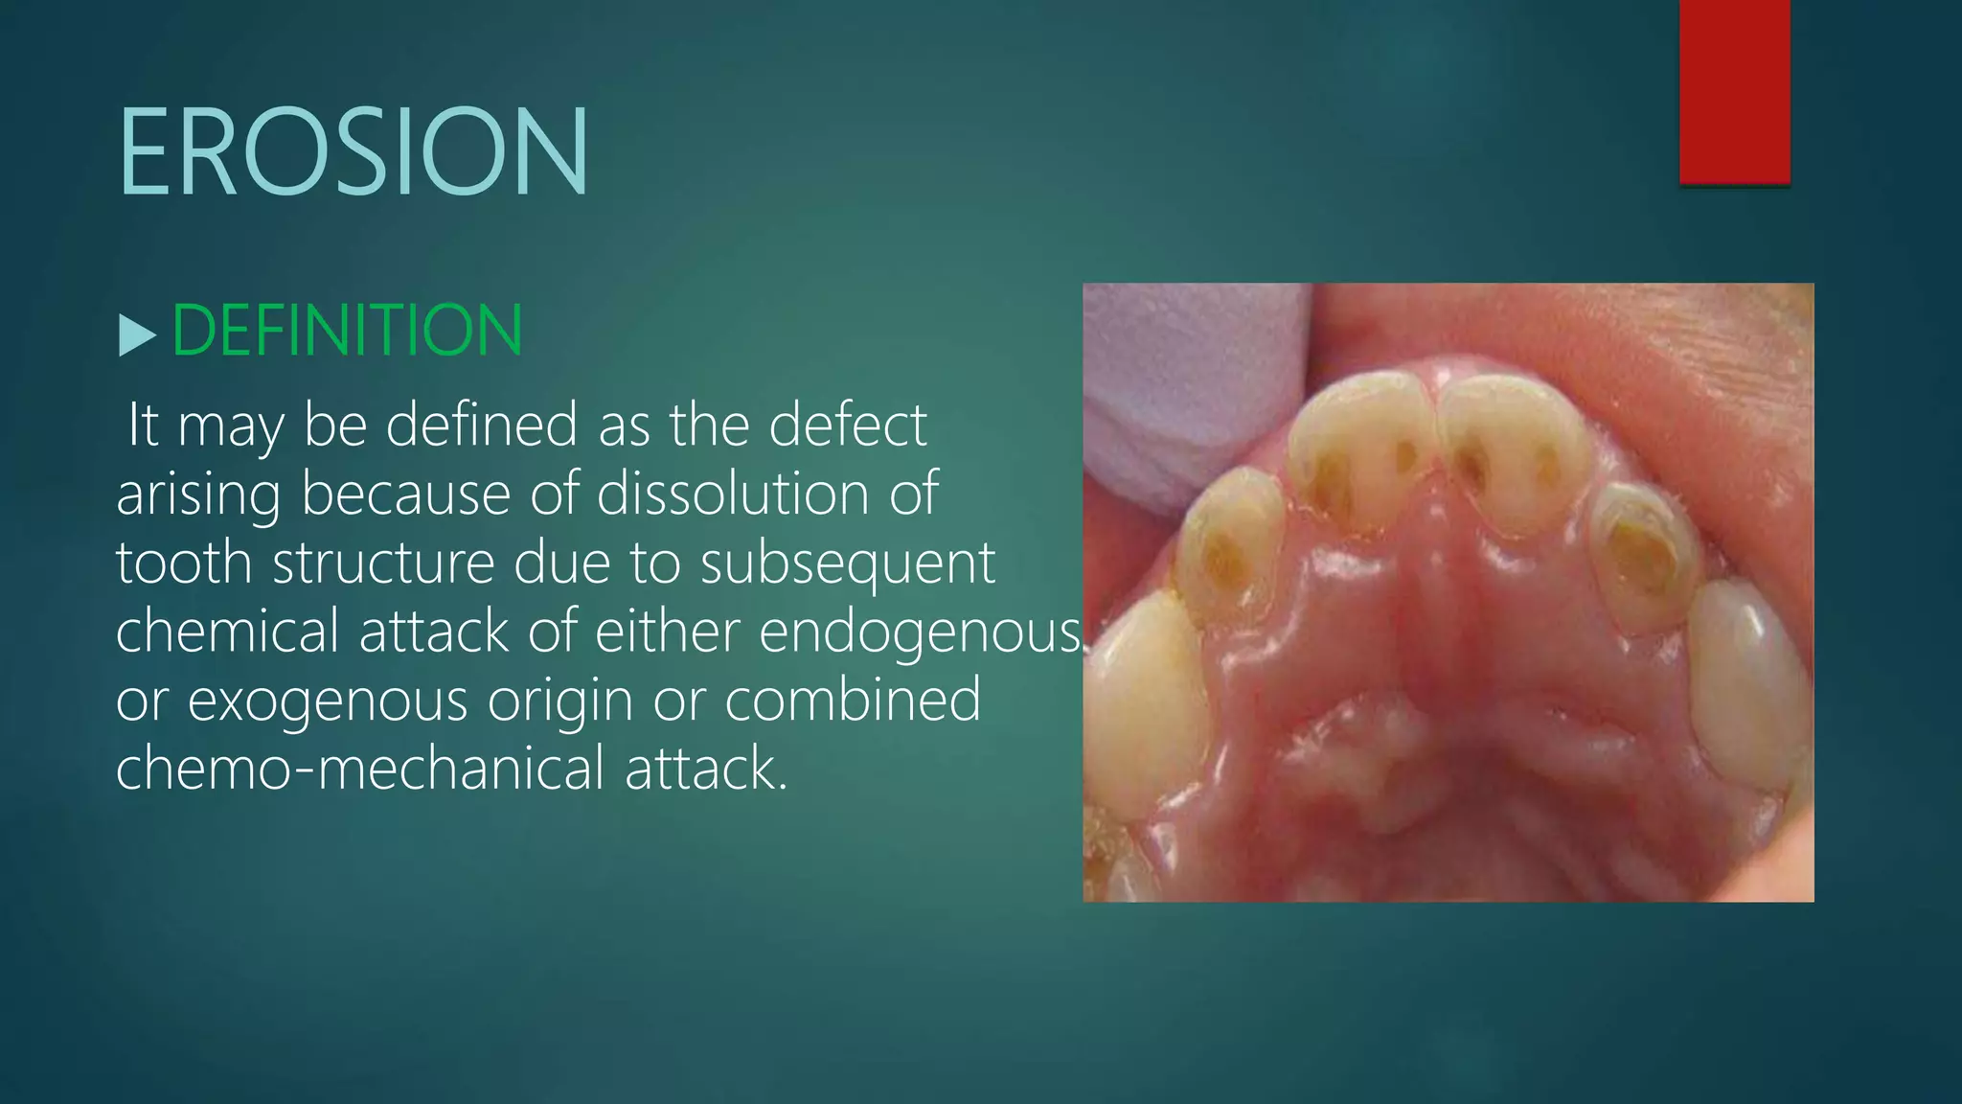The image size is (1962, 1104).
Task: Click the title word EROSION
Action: point(353,153)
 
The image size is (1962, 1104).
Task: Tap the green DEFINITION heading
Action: point(347,331)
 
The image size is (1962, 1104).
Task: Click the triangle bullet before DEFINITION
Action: point(137,335)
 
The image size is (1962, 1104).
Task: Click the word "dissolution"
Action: point(733,494)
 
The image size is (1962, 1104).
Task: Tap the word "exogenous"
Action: point(327,701)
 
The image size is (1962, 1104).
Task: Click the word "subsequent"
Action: point(848,563)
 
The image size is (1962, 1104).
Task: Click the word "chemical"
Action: point(227,632)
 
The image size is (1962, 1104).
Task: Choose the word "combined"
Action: point(853,700)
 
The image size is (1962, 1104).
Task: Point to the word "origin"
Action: point(560,701)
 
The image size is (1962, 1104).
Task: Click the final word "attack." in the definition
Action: point(706,770)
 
